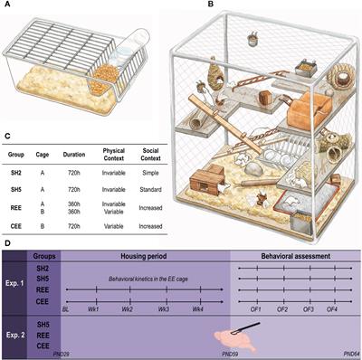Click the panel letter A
[x=5, y=6]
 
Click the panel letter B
[x=185, y=6]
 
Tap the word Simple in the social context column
[x=153, y=166]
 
